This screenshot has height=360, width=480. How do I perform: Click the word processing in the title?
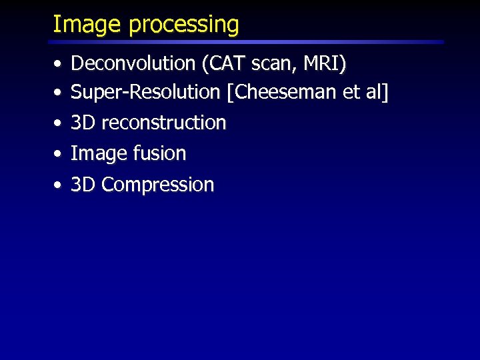184,25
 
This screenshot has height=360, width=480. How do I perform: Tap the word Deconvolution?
133,63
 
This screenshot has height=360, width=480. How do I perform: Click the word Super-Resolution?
145,91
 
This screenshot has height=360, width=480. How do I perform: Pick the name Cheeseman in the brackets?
285,91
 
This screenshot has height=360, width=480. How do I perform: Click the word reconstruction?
163,123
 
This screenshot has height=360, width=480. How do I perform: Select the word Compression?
158,185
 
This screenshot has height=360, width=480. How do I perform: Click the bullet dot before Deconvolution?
59,65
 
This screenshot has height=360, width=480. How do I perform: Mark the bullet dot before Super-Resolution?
59,93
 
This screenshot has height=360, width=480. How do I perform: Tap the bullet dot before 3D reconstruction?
59,124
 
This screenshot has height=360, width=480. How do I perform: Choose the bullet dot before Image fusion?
59,155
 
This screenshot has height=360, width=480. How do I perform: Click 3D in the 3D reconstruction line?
83,123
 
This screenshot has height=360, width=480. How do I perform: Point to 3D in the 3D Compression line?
83,185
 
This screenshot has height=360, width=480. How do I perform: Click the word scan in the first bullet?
266,63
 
